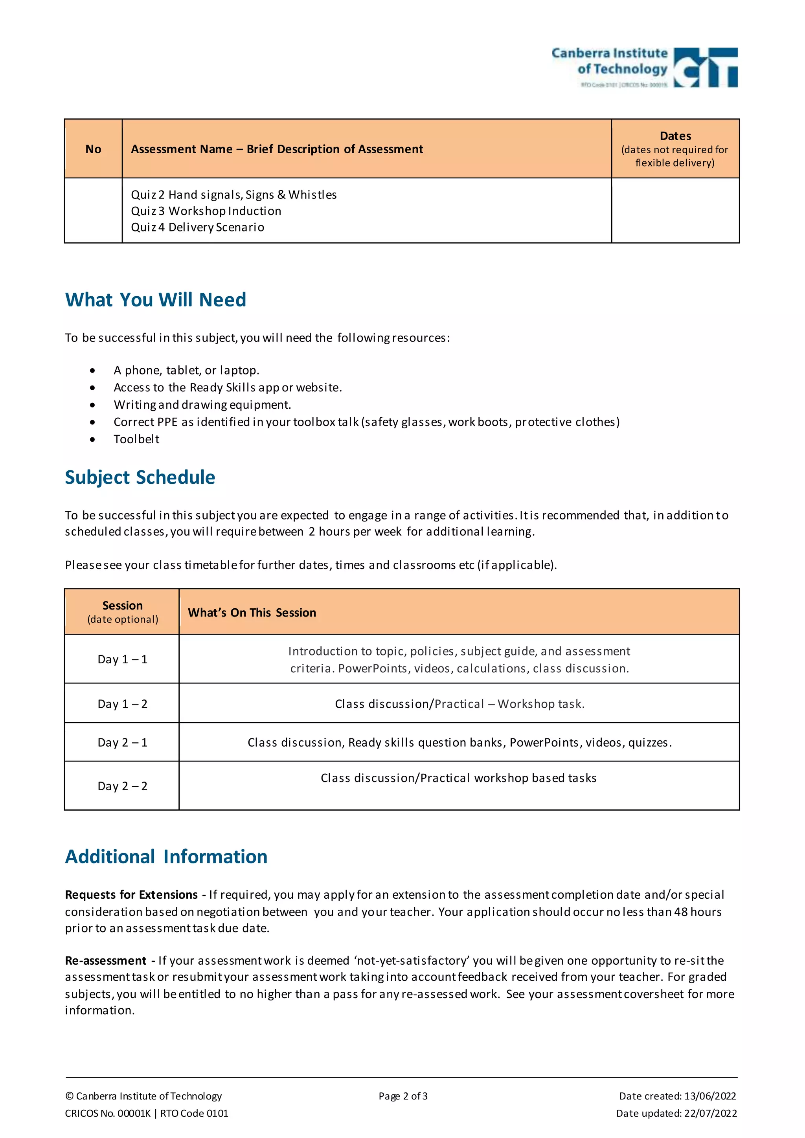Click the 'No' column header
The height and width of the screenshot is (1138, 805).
click(x=93, y=149)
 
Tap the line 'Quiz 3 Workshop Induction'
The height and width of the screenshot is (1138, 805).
click(x=206, y=211)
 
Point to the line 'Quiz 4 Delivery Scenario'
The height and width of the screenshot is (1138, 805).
click(x=197, y=228)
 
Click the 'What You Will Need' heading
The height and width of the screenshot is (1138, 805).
click(x=156, y=300)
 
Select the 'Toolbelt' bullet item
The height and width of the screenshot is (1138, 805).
click(x=136, y=439)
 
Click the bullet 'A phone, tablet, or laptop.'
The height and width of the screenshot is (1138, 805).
click(x=186, y=370)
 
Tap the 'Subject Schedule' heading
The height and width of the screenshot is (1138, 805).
click(x=140, y=477)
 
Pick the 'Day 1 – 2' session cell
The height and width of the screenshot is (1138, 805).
click(x=122, y=704)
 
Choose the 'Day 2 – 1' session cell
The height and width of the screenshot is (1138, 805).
click(x=122, y=742)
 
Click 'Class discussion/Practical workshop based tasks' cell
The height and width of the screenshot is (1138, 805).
click(x=459, y=778)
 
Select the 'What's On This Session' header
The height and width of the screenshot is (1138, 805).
click(x=252, y=613)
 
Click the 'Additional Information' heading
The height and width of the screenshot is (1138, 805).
click(x=167, y=857)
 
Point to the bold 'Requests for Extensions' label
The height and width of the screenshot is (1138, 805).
click(x=131, y=895)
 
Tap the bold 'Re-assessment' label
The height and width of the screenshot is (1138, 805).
click(x=106, y=960)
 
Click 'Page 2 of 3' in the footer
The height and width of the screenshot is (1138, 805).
click(x=403, y=1096)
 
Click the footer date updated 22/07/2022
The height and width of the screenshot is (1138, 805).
click(x=676, y=1113)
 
